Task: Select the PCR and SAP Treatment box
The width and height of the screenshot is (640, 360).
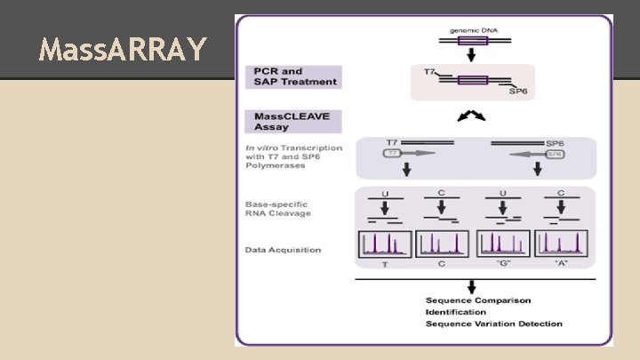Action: point(294,77)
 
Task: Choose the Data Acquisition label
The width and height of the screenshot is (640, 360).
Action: point(284,250)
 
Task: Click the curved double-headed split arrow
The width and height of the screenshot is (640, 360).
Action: point(471,116)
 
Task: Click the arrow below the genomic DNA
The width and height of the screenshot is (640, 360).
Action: point(472,54)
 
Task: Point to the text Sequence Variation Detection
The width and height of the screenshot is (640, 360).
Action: point(493,324)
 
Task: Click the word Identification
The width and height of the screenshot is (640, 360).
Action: point(455,312)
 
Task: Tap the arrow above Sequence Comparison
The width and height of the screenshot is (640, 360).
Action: point(471,286)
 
